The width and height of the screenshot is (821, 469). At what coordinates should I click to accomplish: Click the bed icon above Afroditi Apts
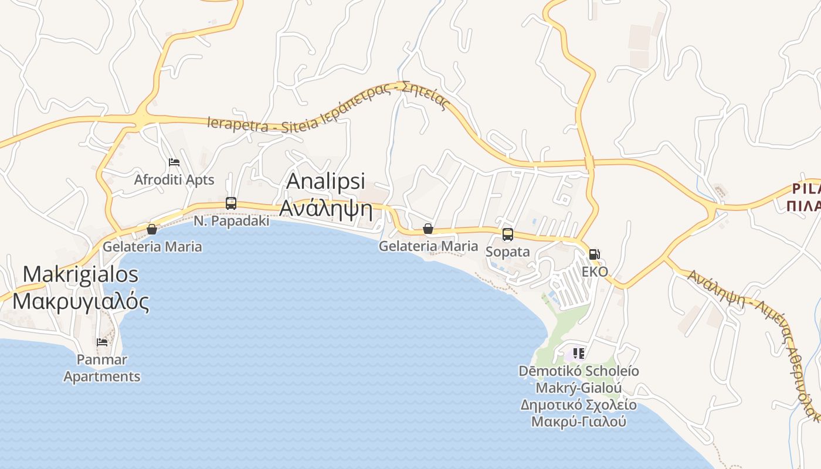click(174, 162)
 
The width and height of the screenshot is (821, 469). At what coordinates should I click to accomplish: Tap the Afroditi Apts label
click(174, 179)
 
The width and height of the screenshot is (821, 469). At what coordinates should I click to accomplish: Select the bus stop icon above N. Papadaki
click(231, 203)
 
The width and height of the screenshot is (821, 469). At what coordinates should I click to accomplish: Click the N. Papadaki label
click(232, 221)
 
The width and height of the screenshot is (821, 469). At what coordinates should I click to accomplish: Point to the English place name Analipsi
click(325, 181)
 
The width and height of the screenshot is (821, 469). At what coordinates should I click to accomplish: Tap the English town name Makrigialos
click(81, 274)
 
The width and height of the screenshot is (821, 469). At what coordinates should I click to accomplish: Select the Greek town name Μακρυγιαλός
click(81, 301)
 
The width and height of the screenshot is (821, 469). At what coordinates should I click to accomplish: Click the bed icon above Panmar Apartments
click(102, 342)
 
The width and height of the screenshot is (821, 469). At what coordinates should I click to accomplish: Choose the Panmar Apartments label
click(102, 368)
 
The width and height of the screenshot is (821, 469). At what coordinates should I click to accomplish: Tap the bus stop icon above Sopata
click(508, 235)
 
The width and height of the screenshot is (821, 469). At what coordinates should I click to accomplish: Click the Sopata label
click(508, 252)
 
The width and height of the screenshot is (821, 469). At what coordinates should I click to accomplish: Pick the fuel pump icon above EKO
click(595, 254)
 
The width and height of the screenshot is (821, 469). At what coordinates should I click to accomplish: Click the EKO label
click(595, 271)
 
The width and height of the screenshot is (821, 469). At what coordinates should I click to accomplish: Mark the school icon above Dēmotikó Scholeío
click(579, 354)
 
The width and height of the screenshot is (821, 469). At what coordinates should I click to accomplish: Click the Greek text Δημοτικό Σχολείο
click(579, 405)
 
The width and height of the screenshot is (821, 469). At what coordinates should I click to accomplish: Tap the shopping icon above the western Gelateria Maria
click(152, 229)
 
